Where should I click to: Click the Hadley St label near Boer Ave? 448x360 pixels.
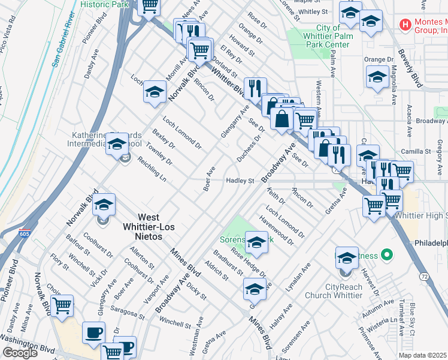coord(240,181)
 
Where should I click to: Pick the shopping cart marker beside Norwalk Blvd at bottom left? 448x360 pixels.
coord(62,305)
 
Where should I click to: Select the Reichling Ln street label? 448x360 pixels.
coord(151,170)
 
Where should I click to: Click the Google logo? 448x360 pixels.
coord(20,352)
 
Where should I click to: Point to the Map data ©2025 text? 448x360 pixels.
coord(423,355)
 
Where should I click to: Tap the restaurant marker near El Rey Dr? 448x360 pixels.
coord(255,88)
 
